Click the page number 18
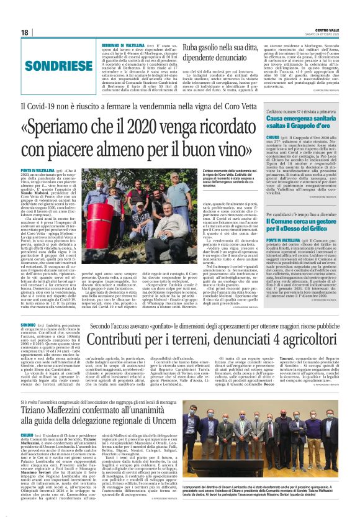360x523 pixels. [x=24, y=32]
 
